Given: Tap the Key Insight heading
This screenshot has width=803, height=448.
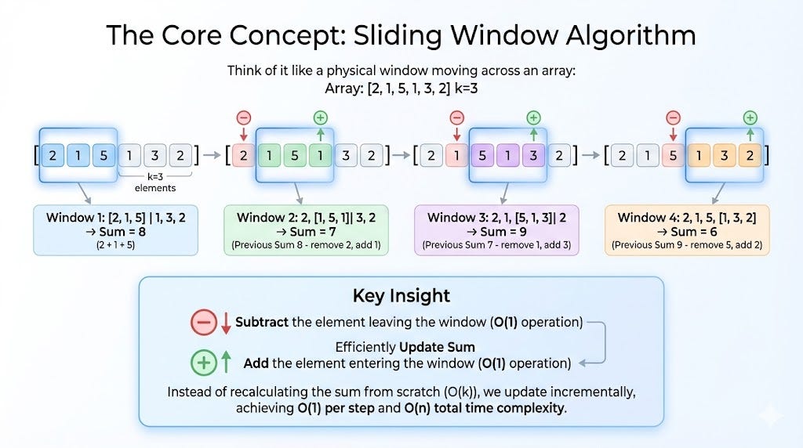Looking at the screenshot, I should [401, 295].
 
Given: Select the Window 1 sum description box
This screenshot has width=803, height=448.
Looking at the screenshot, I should [115, 230].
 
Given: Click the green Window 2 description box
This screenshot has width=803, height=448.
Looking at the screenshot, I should [305, 230].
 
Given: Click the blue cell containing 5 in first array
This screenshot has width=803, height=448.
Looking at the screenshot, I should [102, 155].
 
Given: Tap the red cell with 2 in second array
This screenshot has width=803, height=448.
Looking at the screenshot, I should [243, 155].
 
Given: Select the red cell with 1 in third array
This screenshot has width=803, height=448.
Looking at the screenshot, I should [457, 155].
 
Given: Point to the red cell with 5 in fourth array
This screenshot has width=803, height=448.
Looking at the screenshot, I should [673, 155].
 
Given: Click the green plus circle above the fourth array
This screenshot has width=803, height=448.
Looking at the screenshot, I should [750, 118].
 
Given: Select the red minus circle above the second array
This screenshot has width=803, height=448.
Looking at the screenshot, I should [243, 118].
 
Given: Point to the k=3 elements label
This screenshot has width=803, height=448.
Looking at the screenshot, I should [155, 183].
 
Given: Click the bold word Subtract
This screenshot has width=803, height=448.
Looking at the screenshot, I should [262, 322].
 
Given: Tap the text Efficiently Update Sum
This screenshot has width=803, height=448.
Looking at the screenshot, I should [405, 346].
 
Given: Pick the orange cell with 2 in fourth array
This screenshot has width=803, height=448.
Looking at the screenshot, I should [750, 155].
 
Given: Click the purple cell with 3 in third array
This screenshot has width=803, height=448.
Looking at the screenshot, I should [533, 155].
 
